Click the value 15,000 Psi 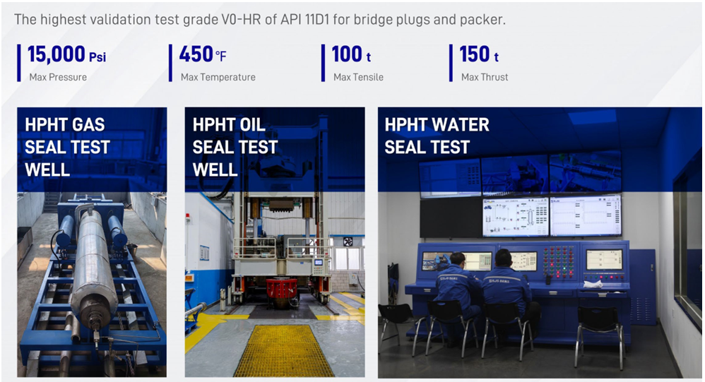[x=66, y=54]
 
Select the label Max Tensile [x=358, y=77]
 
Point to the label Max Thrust [x=485, y=77]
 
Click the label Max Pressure [x=58, y=77]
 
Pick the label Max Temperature [x=218, y=77]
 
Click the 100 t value [x=351, y=54]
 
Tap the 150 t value [x=479, y=54]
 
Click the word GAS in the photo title [x=88, y=125]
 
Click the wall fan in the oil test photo [x=348, y=241]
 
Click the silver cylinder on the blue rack [x=93, y=261]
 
